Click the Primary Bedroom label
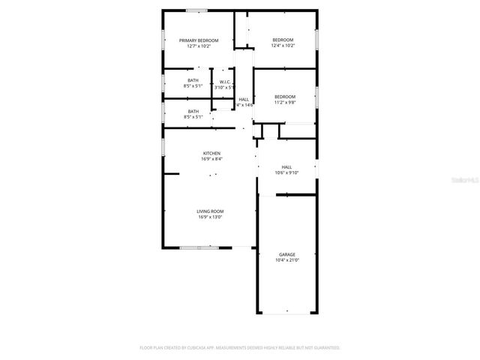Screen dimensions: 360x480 coord(199,40)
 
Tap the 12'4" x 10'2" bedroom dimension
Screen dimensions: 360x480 coord(283,46)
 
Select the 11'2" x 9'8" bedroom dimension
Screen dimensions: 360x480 coord(285,102)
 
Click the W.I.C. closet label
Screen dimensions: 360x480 coord(225,82)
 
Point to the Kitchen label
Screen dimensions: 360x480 coord(211,153)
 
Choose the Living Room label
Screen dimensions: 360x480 coord(211,211)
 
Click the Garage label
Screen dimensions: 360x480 coord(287,254)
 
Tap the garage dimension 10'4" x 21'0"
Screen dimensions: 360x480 coord(287,260)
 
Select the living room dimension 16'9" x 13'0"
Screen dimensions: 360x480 coord(211,217)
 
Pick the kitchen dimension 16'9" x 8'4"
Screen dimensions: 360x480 coord(211,159)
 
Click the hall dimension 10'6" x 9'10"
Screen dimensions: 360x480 coord(286,172)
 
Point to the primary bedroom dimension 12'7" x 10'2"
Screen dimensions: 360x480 coord(199,46)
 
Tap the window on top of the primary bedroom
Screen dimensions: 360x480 coord(197,10)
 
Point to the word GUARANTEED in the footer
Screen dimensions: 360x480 coord(325,348)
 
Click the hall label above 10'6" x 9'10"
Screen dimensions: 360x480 coord(286,166)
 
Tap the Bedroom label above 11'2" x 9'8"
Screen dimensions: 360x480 coord(285,96)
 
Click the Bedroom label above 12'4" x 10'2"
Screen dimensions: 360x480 coord(283,40)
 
